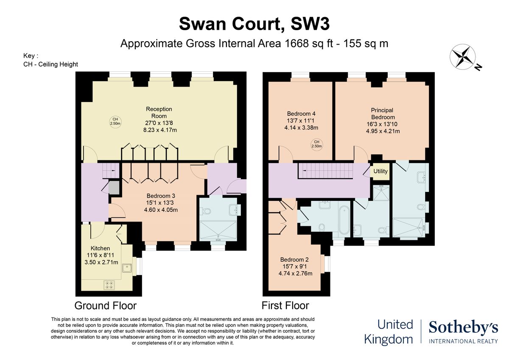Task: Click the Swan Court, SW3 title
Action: [x=254, y=24]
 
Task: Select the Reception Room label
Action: [x=159, y=112]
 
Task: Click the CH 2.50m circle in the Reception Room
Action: [x=115, y=121]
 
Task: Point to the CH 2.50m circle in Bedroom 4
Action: [x=316, y=144]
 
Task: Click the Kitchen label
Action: [x=100, y=248]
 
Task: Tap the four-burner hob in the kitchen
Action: [x=109, y=285]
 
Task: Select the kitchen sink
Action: [x=127, y=268]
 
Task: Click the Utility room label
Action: [x=380, y=171]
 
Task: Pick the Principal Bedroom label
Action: [x=383, y=113]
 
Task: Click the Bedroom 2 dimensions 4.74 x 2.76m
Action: [x=295, y=273]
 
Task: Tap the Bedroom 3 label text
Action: [x=161, y=196]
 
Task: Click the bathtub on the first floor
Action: [x=344, y=220]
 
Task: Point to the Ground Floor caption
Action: [x=106, y=306]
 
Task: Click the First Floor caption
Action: [x=285, y=305]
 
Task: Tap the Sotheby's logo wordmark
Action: [x=463, y=328]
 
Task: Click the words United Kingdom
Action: [x=389, y=332]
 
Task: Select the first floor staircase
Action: [x=325, y=171]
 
